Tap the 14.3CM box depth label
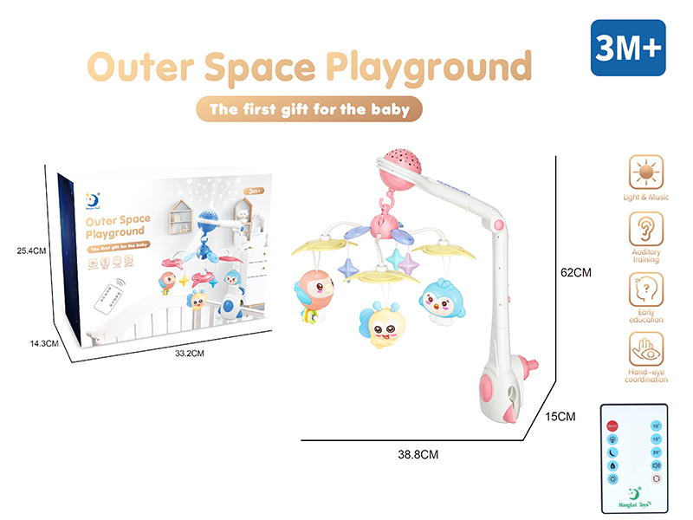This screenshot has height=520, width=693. point(36,343)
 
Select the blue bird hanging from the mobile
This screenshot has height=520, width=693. point(441,299)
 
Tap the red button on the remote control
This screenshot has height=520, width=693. point(612,426)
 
